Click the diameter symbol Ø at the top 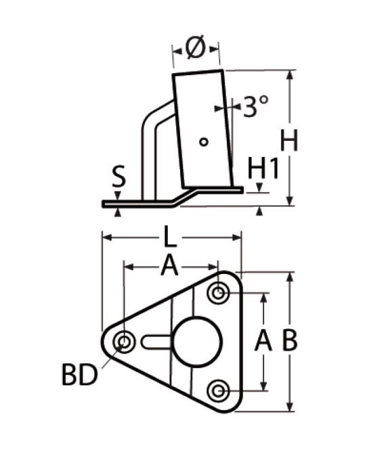196,47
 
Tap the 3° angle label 256,106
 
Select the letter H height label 289,140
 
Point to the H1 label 263,168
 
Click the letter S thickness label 119,176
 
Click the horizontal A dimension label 170,266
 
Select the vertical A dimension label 263,340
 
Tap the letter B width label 289,340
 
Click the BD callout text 80,375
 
